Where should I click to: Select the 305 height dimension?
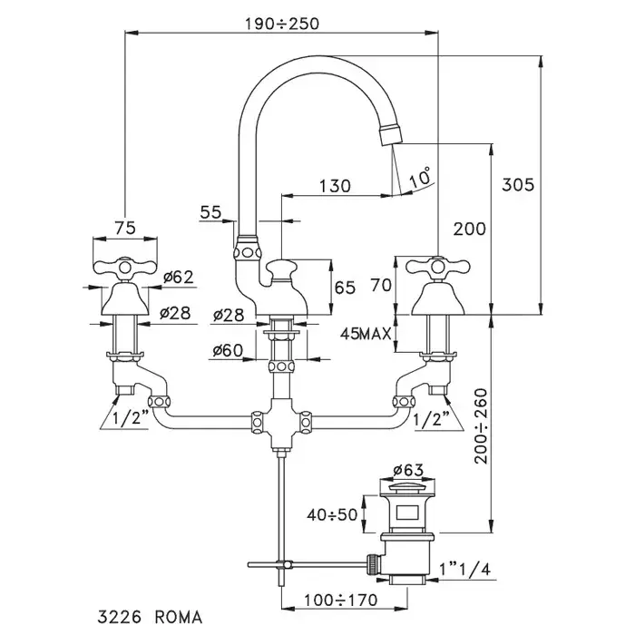click(518, 183)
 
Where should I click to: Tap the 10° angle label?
click(420, 179)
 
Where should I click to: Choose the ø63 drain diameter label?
click(409, 471)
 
